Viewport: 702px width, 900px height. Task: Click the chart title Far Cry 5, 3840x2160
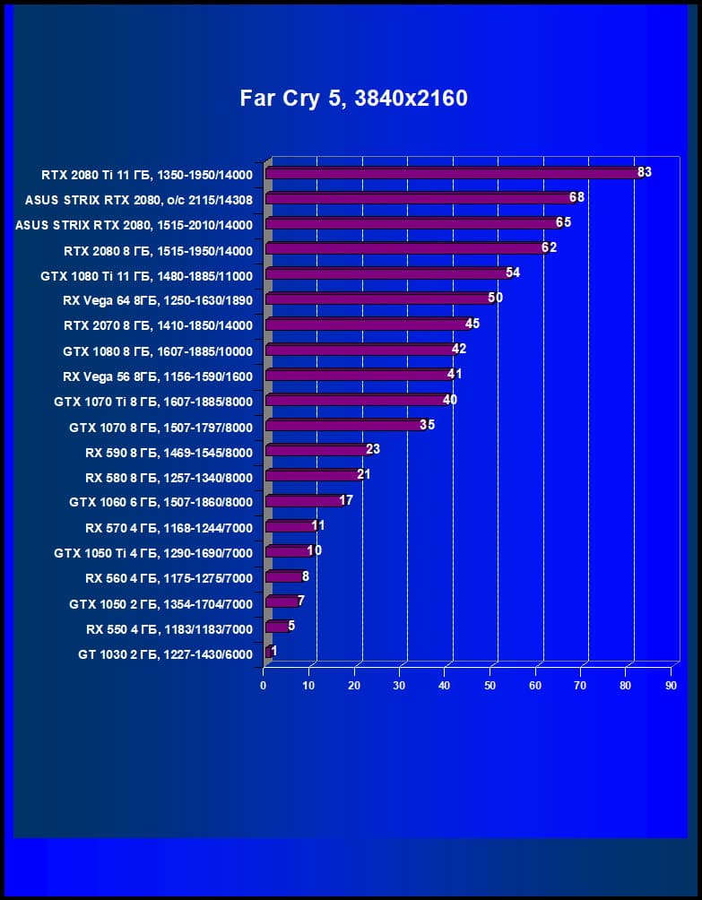click(353, 98)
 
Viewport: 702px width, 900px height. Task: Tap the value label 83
click(644, 171)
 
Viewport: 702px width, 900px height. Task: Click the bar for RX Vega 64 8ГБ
click(377, 299)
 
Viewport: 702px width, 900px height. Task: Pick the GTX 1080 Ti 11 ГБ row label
click(146, 275)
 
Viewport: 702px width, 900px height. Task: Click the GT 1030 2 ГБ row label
click(165, 654)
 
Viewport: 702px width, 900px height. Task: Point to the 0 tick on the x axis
click(264, 686)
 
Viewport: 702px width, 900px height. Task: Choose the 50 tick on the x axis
click(490, 686)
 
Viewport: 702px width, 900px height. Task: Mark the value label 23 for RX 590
click(373, 449)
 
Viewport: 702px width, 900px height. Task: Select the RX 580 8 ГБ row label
click(169, 478)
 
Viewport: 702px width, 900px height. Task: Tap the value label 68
click(576, 196)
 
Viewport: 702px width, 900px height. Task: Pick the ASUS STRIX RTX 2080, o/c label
click(139, 200)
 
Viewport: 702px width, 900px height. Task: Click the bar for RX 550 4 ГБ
click(277, 627)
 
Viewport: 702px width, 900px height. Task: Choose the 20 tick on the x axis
click(354, 686)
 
